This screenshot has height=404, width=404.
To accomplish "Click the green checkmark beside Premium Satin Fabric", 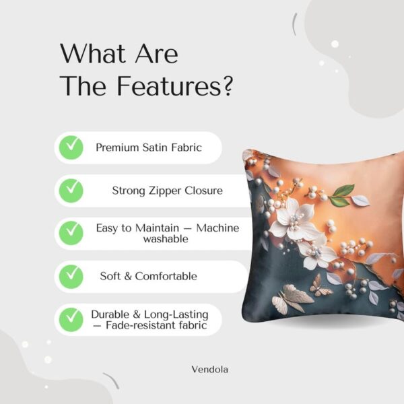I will (71, 147).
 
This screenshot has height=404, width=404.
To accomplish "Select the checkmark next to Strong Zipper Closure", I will (71, 191).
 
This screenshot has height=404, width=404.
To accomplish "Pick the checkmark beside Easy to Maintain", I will (71, 233).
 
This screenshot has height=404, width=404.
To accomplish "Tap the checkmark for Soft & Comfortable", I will (71, 276).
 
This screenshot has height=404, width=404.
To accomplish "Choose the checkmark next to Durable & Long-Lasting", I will (71, 319).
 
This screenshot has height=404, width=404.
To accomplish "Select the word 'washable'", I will (166, 239).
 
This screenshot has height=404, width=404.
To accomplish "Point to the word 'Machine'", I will (217, 228).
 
